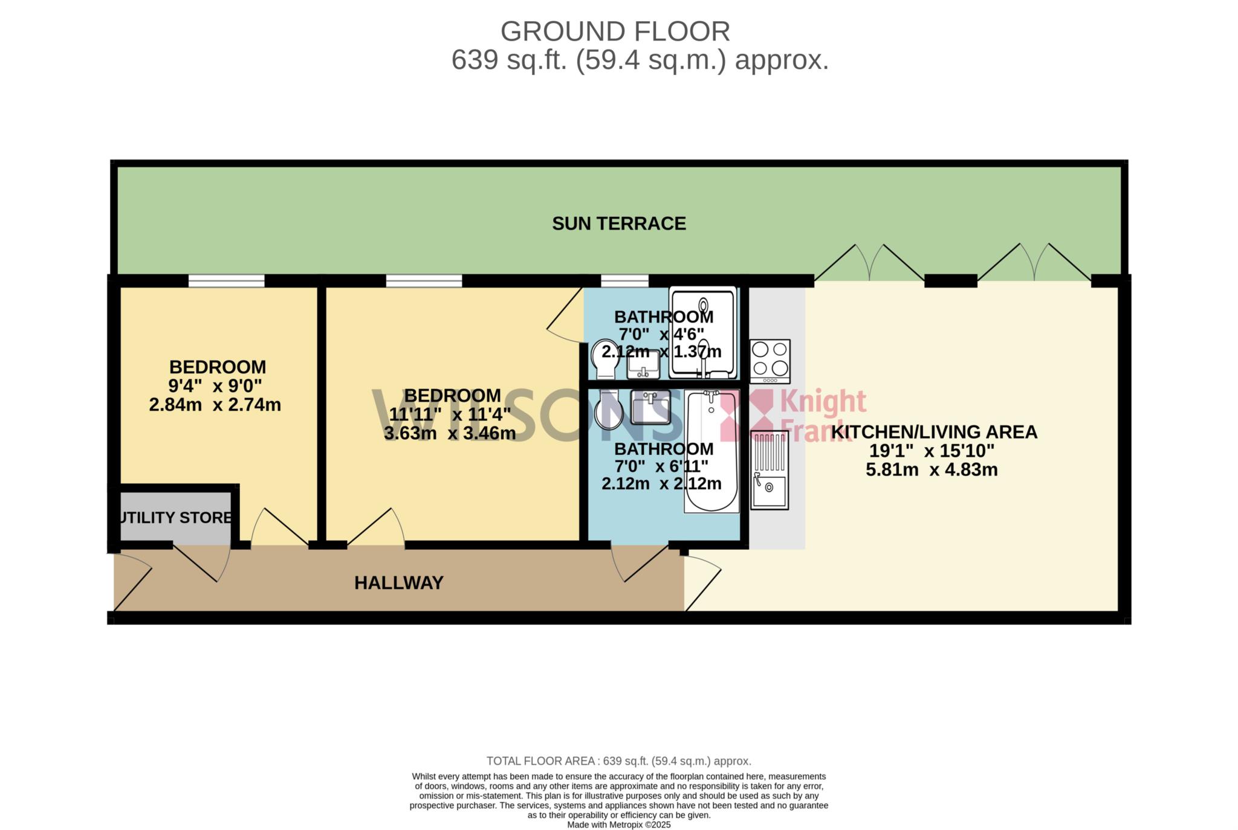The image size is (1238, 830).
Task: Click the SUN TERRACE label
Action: [x=619, y=224]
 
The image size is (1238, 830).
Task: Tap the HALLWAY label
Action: [x=399, y=583]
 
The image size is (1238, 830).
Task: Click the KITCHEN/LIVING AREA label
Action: [x=934, y=432]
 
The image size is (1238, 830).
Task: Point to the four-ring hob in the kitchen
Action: [x=770, y=361]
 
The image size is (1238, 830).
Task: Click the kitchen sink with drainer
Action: [x=770, y=471]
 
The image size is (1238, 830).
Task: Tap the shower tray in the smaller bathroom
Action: [x=702, y=333]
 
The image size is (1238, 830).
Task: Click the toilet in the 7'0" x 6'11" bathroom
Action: [x=609, y=410]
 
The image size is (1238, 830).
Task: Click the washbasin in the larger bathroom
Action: [x=650, y=407]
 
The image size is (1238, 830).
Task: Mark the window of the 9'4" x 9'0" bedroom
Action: [x=227, y=281]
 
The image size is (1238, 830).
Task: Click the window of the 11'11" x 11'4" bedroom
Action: [x=424, y=281]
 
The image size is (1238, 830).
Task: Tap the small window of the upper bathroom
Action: [x=624, y=281]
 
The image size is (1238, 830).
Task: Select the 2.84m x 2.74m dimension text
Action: [x=215, y=405]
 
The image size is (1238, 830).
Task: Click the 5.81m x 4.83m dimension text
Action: [x=932, y=469]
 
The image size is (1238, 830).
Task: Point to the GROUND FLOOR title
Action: [x=615, y=31]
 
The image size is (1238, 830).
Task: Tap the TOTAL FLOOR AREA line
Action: [x=619, y=761]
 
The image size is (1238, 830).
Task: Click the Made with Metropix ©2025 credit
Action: [x=619, y=825]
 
